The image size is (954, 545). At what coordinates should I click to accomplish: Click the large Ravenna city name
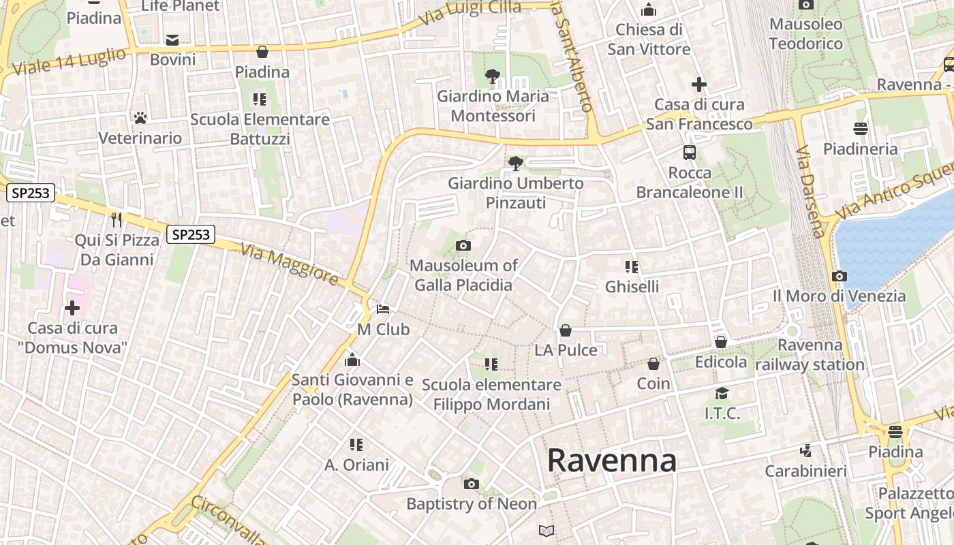pos(611,461)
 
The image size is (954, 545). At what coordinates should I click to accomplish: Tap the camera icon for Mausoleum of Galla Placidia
pos(463,245)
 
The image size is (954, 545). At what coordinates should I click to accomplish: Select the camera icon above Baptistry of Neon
pos(471,484)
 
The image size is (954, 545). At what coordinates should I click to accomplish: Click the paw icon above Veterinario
pos(140,118)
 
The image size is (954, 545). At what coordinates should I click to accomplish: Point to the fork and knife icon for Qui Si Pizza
pos(117,219)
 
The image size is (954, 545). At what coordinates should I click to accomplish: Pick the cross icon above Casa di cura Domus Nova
pos(72,308)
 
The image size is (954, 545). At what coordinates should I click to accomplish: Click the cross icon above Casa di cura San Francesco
pos(698,84)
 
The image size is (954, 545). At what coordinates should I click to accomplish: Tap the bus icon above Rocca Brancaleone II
pos(690,153)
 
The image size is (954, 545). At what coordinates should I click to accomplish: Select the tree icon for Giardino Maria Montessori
pos(492,76)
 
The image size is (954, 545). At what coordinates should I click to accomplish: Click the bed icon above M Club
pos(383,309)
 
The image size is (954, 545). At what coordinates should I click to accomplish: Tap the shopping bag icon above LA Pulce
pos(566,330)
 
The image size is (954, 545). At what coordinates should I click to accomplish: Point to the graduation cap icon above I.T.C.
pos(722,393)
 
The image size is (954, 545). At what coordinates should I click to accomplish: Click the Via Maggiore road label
pos(290,264)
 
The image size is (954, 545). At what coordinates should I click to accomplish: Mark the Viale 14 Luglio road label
pos(70,61)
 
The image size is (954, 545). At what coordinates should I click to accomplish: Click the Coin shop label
pos(653,384)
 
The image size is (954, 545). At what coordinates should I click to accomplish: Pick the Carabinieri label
pos(805,471)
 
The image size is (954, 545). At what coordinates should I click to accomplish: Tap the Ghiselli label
pos(632,286)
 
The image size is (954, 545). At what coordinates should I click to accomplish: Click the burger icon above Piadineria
pos(860,128)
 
